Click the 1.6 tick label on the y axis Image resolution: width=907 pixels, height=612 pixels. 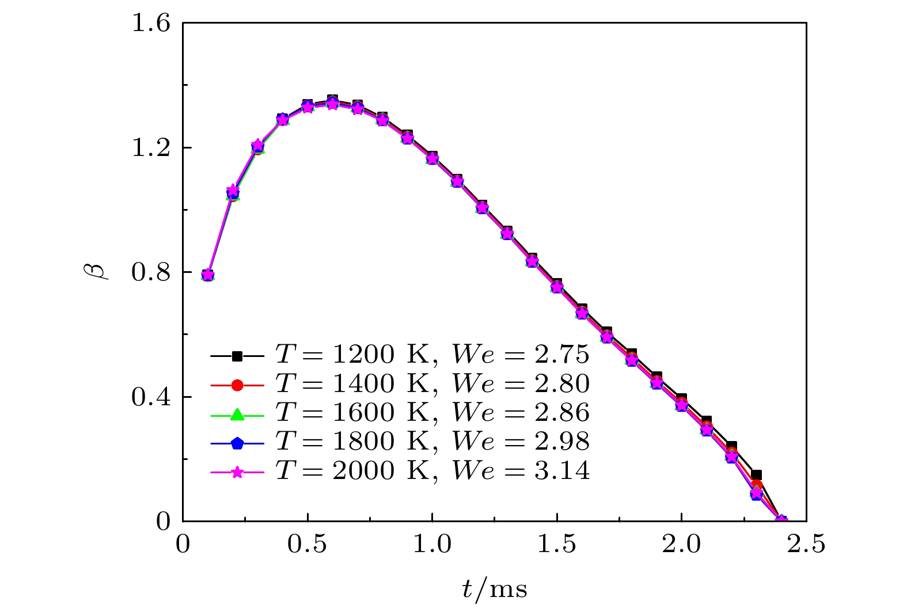click(x=151, y=24)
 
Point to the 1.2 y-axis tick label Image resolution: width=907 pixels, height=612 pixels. click(x=151, y=148)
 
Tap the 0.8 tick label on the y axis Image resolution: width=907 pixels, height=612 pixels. click(x=151, y=272)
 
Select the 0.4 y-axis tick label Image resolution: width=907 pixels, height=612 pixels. click(x=151, y=397)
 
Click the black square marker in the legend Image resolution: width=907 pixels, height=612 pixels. click(x=237, y=356)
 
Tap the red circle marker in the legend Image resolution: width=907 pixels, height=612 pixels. click(x=237, y=385)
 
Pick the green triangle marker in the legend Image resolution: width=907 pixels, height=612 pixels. click(x=237, y=414)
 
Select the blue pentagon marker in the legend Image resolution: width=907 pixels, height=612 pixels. click(x=237, y=443)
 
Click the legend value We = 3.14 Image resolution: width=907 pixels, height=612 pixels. click(x=521, y=472)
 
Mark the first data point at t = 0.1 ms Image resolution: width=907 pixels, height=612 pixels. click(x=208, y=275)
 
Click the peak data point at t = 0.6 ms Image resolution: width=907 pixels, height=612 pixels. click(x=332, y=102)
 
